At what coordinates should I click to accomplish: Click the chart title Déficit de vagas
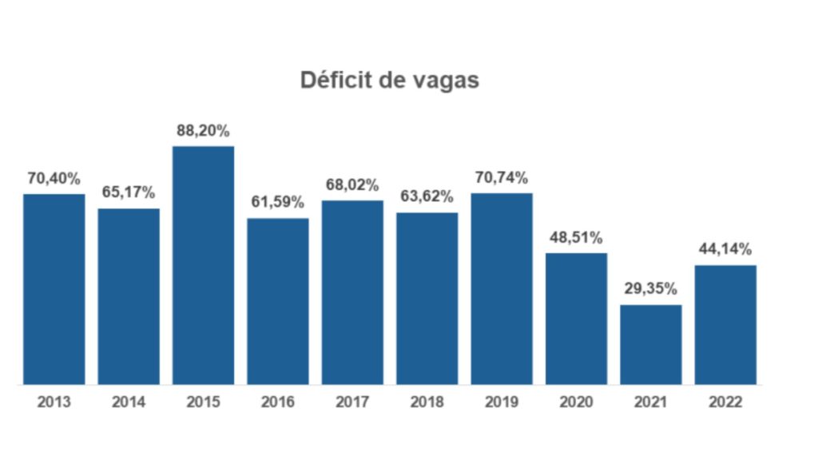tap(389, 81)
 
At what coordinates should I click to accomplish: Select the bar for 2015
tap(204, 265)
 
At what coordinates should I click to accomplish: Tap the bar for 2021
tap(650, 345)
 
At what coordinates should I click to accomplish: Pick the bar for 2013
tap(54, 289)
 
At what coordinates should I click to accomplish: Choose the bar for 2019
tap(502, 289)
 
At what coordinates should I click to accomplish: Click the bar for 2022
tap(725, 325)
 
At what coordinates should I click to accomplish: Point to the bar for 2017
tap(352, 292)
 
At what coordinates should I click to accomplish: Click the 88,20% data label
tap(203, 131)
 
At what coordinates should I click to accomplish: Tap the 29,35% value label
tap(650, 288)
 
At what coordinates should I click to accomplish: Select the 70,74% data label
tap(502, 178)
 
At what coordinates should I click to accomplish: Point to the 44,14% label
tap(725, 249)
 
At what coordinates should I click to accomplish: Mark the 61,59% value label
tap(277, 202)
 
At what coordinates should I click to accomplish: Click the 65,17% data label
tap(129, 192)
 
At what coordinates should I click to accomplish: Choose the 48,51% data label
tap(576, 238)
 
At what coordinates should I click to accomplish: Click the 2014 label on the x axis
tap(129, 402)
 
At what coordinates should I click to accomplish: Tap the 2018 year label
tap(427, 402)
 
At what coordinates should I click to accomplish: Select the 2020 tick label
tap(576, 402)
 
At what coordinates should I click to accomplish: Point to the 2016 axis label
tap(277, 402)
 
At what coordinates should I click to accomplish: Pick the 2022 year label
tap(725, 402)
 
